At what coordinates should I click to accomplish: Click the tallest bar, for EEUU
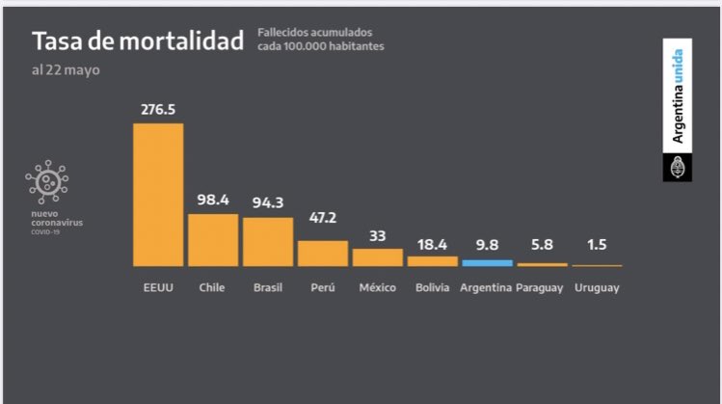(x=157, y=194)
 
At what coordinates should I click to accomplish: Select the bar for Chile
(x=212, y=239)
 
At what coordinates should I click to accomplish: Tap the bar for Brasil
(x=267, y=241)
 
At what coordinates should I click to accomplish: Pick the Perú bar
(x=322, y=253)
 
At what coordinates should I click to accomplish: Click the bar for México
(x=377, y=256)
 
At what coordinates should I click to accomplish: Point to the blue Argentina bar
(x=487, y=262)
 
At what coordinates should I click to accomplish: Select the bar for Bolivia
(x=432, y=260)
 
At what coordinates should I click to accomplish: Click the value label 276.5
(x=158, y=111)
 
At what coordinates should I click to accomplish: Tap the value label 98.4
(x=212, y=202)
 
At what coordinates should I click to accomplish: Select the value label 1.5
(x=597, y=246)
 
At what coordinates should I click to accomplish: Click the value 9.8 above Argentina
(x=487, y=245)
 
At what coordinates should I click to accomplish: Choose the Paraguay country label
(x=541, y=288)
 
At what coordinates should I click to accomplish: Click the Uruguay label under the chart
(x=597, y=288)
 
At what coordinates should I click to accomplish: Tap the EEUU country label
(x=157, y=288)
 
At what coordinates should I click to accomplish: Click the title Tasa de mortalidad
(x=138, y=42)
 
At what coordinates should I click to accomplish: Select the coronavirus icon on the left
(x=47, y=181)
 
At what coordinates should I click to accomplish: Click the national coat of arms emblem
(x=677, y=167)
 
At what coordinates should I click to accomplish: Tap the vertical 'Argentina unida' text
(x=678, y=95)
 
